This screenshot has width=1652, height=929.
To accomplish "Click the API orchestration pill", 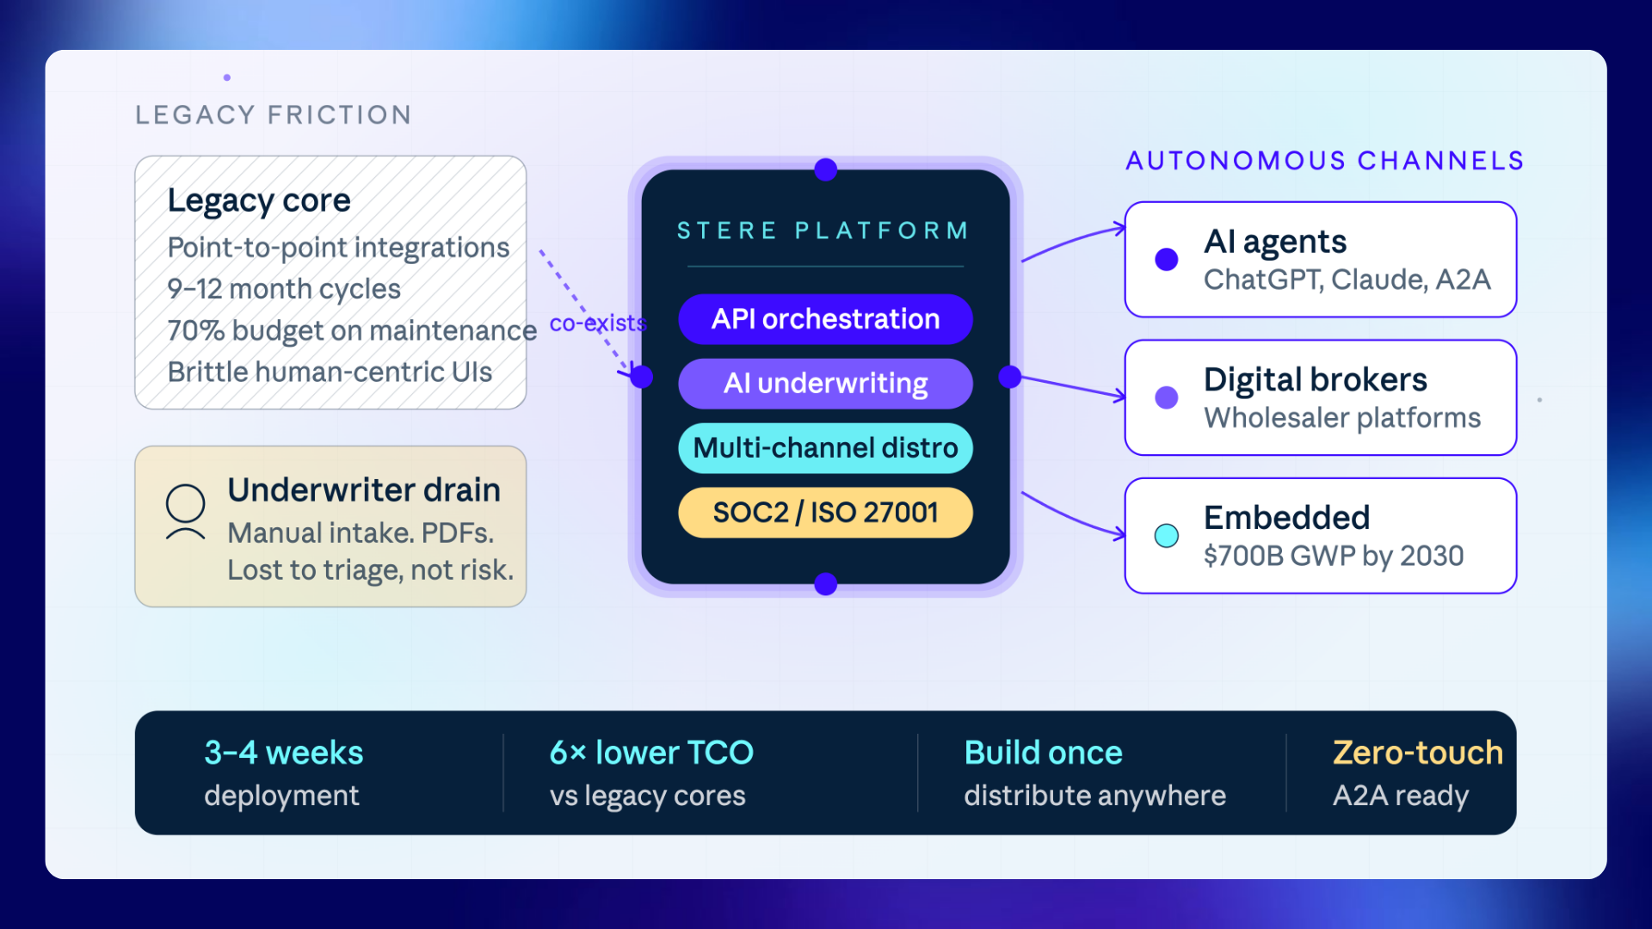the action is point(825,319).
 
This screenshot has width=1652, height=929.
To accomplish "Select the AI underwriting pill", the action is point(825,384).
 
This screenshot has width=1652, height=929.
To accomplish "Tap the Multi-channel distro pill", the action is point(825,448).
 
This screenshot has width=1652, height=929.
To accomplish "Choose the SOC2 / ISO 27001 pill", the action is point(825,513).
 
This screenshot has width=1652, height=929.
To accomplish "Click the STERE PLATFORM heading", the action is point(823,231).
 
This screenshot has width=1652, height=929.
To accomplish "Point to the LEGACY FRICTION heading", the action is point(274,114).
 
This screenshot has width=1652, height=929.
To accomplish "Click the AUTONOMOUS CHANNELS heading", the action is point(1325,161).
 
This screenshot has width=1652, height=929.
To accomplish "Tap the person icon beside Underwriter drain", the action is point(185,513).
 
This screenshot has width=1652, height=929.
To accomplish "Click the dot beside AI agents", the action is point(1167,259).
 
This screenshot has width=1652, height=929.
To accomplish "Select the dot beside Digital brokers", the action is point(1167,397).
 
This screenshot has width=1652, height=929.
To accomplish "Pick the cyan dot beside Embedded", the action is point(1167,535).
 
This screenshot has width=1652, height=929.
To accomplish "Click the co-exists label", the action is point(598,323).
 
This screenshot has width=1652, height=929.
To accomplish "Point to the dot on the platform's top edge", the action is point(826,169).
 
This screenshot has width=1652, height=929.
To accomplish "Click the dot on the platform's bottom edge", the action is point(826,584).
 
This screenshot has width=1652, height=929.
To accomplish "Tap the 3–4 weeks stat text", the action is point(284,753).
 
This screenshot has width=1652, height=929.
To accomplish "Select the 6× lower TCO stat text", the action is point(651,753).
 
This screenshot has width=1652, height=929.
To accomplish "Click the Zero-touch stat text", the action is point(1418,753).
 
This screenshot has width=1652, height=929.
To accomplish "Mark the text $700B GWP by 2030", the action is point(1334,557).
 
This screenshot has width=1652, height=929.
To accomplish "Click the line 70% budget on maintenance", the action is point(352,330).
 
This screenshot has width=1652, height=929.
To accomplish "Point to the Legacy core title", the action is point(259,201).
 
